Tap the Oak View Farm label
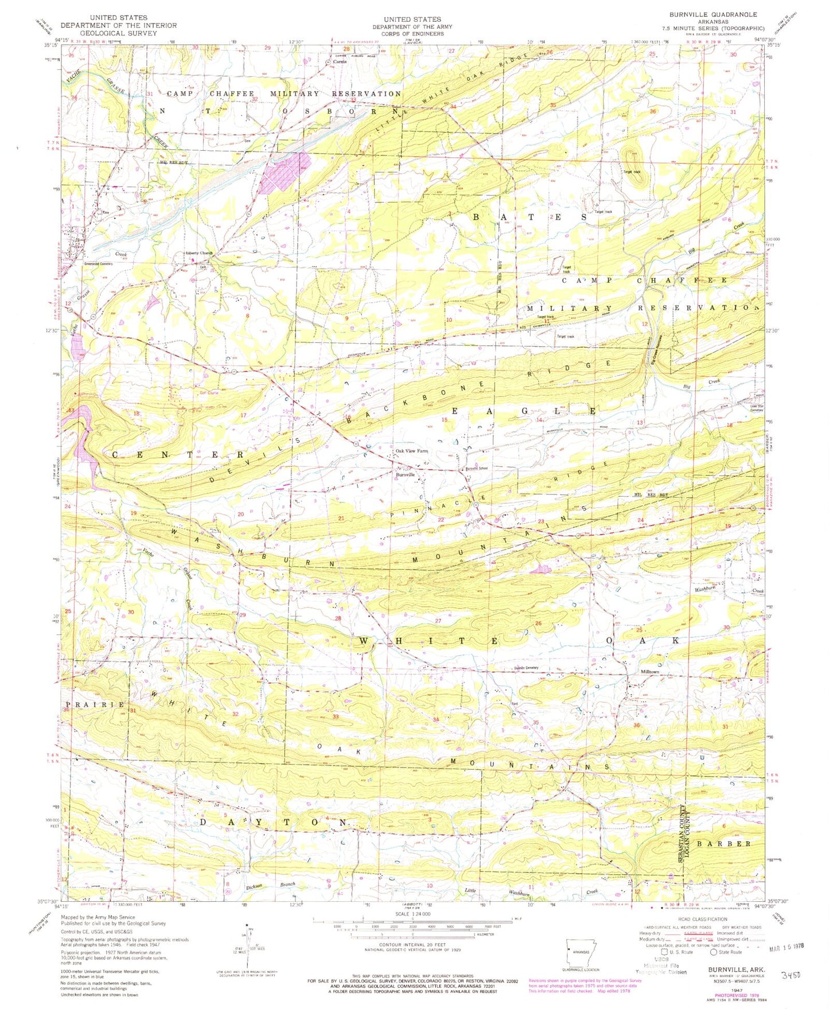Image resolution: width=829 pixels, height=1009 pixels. [412, 451]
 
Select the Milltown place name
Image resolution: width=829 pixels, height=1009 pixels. [649, 672]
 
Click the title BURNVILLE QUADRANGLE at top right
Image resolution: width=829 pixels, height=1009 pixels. [725, 14]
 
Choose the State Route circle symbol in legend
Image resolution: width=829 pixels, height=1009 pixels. [713, 952]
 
